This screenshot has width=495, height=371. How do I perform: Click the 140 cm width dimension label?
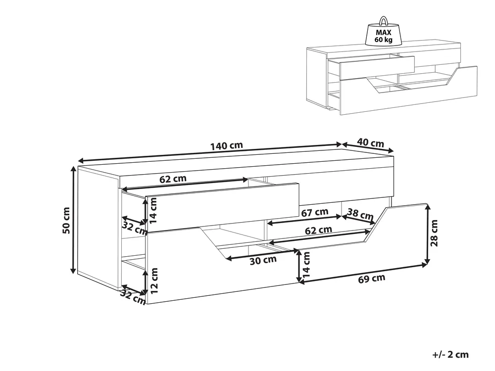[x=227, y=146]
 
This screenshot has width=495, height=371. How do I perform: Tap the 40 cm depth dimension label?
[x=371, y=143]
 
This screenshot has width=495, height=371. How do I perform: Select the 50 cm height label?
[x=66, y=220]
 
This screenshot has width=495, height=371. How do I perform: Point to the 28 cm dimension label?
[x=434, y=233]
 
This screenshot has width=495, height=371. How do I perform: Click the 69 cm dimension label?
[x=372, y=278]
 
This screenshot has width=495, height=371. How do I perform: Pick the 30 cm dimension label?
[x=263, y=261]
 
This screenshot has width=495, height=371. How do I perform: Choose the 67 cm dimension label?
[x=315, y=212]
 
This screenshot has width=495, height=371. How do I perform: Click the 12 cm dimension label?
[x=154, y=281]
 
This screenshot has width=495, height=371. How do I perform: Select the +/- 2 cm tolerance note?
[x=450, y=354]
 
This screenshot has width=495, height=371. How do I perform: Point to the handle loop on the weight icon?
[x=384, y=20]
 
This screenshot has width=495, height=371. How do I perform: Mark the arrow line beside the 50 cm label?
[x=74, y=220]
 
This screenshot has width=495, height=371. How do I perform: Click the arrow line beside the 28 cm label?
[x=428, y=234]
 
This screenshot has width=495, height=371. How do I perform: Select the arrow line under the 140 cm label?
[x=210, y=152]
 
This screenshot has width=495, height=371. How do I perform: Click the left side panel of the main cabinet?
[x=98, y=228]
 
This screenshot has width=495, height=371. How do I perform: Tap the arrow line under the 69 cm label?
[x=363, y=274]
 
